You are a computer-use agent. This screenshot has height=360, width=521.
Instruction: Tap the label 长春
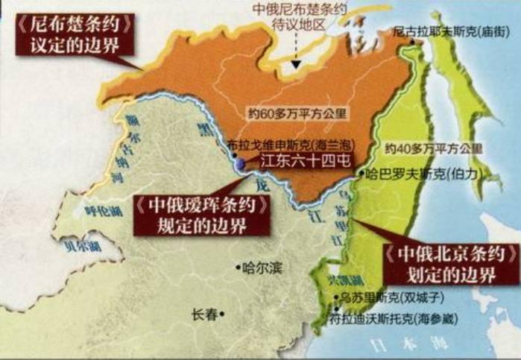tap(206, 314)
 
